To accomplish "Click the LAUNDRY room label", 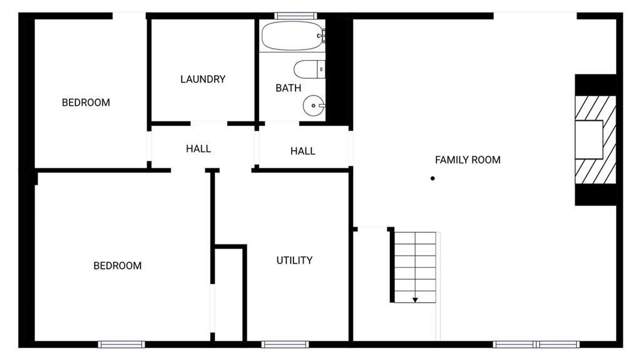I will coord(203,80).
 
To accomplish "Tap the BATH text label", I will coord(288,88).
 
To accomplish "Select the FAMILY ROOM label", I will coord(468,160).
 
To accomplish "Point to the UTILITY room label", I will coord(294,260).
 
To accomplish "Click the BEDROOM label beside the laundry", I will coord(86,103).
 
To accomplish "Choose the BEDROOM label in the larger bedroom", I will coord(118,266).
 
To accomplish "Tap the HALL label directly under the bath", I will coord(302,152).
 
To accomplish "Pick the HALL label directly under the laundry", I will coord(198,149).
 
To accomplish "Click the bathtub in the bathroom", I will coord(292,36).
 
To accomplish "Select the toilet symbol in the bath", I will coord(309,69).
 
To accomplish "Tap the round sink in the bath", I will coord(313,106).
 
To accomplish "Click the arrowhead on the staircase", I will coord(415,300).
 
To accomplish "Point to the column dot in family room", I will coord(432,179).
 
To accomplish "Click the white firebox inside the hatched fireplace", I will coord(589,140).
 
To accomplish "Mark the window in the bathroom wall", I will coord(295,16).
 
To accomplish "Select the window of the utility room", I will coord(285,344).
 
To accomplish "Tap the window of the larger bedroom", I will coord(121,344).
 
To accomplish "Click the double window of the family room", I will coord(536,344).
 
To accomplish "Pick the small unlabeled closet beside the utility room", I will coord(228,294).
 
